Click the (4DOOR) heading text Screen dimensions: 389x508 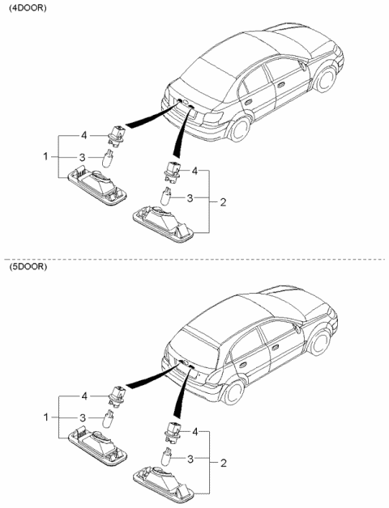click(x=28, y=8)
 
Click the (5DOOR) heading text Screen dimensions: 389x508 click(x=28, y=267)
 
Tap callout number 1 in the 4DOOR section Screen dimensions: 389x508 click(x=45, y=156)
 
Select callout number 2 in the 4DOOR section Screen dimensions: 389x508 click(x=223, y=202)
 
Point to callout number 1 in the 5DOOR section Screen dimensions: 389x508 click(x=45, y=417)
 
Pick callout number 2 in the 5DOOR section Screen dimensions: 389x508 click(x=224, y=464)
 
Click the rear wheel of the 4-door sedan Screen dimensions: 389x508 click(x=240, y=129)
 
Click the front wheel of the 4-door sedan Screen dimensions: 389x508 click(x=326, y=78)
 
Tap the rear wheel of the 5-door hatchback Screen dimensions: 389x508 click(x=233, y=392)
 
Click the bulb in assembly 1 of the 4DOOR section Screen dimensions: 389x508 click(x=108, y=158)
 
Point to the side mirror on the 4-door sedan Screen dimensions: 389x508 click(x=302, y=66)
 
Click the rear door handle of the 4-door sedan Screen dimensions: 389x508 click(x=249, y=102)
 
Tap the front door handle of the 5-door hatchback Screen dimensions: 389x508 click(x=276, y=347)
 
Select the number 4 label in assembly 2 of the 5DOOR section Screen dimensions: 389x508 click(x=194, y=431)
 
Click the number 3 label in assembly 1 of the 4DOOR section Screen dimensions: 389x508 click(x=83, y=157)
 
